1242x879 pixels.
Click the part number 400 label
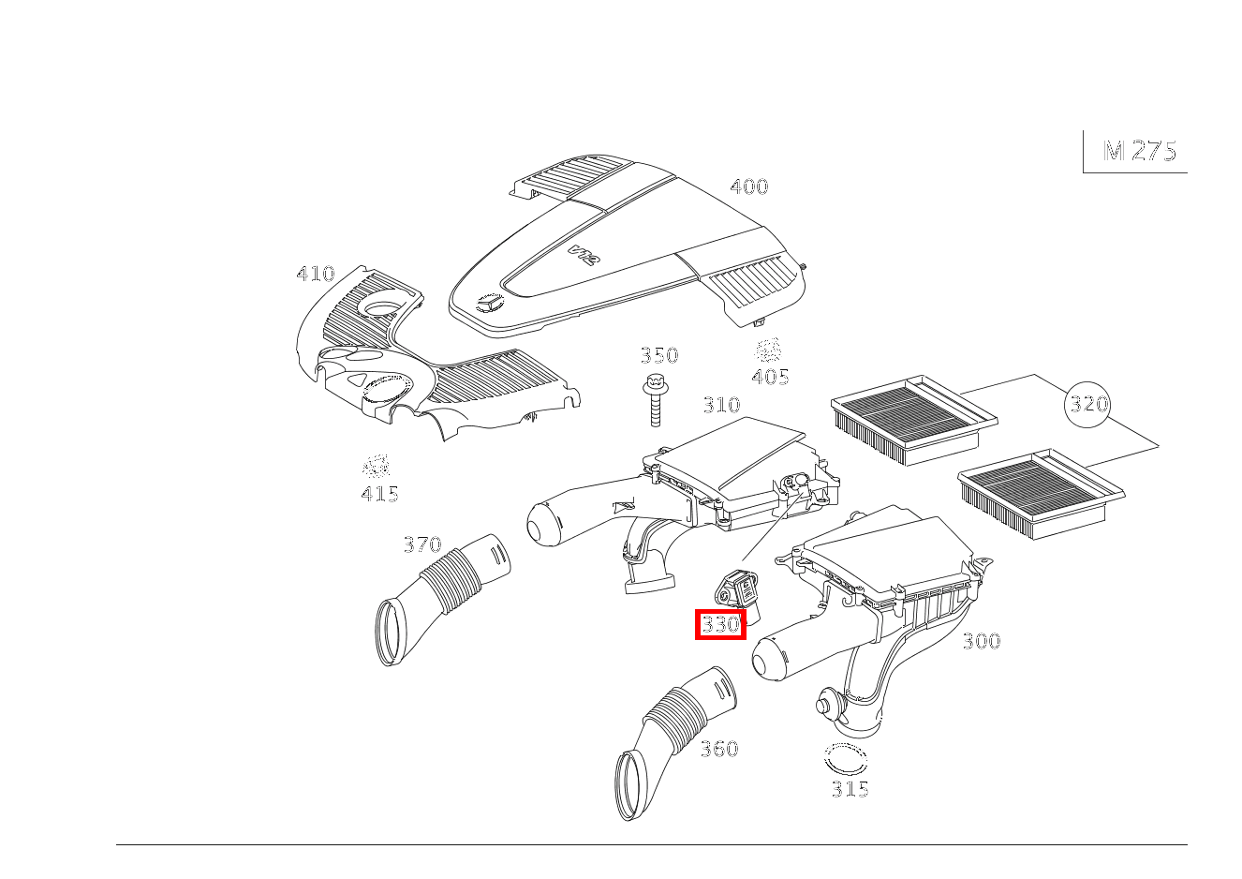[x=749, y=186]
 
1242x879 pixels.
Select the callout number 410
[x=316, y=274]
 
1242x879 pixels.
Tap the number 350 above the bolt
[x=659, y=355]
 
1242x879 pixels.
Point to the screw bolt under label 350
[x=655, y=400]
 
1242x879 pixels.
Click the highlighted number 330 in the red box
[x=720, y=624]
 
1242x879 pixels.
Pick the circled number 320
[x=1087, y=404]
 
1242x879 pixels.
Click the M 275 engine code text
[x=1140, y=151]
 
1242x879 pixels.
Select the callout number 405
[x=770, y=377]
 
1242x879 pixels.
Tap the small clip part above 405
[x=768, y=350]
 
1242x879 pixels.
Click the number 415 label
[x=379, y=494]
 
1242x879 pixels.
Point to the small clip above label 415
[x=377, y=466]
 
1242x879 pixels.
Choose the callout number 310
[x=721, y=405]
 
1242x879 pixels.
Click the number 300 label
[x=982, y=642]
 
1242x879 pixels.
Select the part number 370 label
[x=422, y=544]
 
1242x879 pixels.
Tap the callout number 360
[x=719, y=750]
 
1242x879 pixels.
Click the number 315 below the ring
[x=850, y=789]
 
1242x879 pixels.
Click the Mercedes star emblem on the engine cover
[x=490, y=304]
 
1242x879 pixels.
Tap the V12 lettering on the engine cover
[x=584, y=256]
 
